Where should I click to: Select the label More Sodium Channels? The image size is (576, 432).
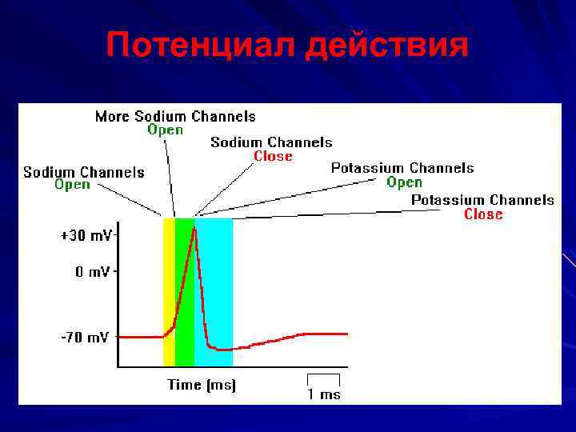tap(175, 116)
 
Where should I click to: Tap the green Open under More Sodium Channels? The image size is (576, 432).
tap(166, 130)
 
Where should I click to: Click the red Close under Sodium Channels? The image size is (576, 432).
tap(273, 156)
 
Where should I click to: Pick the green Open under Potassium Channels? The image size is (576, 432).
tap(404, 182)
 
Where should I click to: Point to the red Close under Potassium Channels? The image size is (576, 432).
tap(483, 214)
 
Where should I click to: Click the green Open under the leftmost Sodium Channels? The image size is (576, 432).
tap(72, 185)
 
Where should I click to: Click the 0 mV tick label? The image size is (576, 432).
tap(93, 272)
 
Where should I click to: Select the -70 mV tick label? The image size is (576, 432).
tap(85, 338)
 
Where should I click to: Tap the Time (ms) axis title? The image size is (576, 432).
tap(202, 385)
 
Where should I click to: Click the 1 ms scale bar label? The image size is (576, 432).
tap(324, 394)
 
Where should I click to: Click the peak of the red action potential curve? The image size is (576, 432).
tap(194, 229)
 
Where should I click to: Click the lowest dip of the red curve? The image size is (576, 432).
tap(224, 350)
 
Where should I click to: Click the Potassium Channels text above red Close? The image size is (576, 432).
tap(482, 199)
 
